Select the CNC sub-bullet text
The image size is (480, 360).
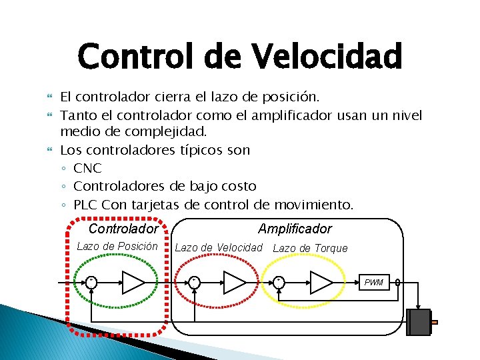click(x=87, y=168)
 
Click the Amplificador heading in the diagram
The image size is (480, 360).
click(x=295, y=229)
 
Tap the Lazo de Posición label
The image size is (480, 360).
click(x=117, y=247)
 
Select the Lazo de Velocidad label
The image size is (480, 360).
click(x=219, y=248)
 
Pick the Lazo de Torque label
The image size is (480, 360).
click(x=311, y=248)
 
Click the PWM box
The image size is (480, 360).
click(x=374, y=283)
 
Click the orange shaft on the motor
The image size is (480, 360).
click(x=434, y=323)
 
